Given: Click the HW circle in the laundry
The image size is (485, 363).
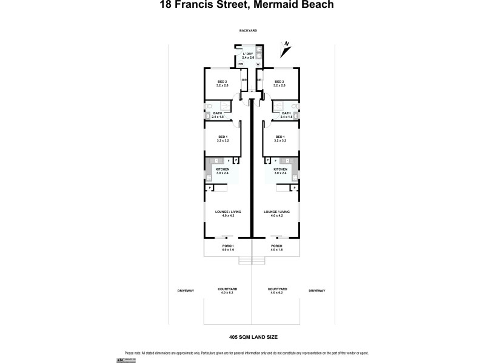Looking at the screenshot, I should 241,65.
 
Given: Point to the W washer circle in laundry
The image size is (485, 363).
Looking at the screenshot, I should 258,65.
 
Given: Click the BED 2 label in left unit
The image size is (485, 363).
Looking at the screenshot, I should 222,83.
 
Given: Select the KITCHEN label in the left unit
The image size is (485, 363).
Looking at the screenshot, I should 222,171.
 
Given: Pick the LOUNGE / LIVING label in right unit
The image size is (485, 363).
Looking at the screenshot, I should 276,213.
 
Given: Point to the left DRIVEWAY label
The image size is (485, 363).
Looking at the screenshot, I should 186,291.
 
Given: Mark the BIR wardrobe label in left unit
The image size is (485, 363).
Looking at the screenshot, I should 244,80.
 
